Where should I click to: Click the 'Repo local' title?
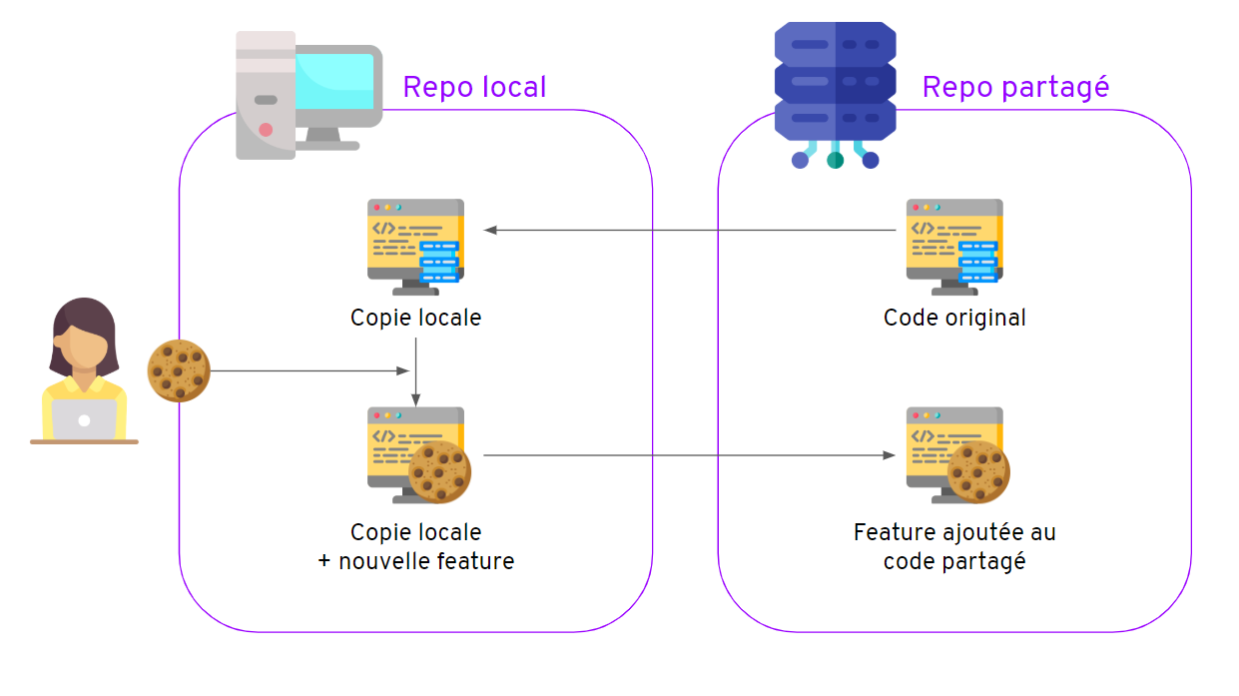tap(474, 88)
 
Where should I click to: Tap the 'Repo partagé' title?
tap(1015, 88)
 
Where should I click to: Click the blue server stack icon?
tap(836, 95)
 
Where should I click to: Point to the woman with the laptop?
tap(84, 370)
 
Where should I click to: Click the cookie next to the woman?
tap(179, 370)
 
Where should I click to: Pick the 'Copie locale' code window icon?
tap(416, 247)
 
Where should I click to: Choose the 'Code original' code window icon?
tap(954, 247)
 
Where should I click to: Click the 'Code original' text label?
tap(954, 318)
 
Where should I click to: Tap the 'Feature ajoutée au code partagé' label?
tap(954, 546)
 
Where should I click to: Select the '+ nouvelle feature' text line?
tap(416, 561)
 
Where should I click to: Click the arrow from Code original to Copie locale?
tap(690, 230)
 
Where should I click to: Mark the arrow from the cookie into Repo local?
tap(310, 370)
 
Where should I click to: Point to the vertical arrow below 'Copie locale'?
tap(416, 372)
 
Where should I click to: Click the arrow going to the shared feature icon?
tap(689, 455)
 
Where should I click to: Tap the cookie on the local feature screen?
tap(439, 472)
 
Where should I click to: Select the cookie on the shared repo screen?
tap(978, 472)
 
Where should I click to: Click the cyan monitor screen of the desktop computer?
tap(334, 81)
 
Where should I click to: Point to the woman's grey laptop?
tap(84, 420)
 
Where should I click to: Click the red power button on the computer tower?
tap(266, 130)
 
